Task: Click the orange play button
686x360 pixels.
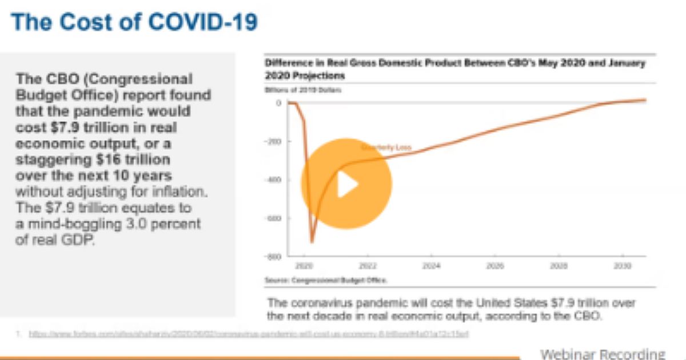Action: [x=346, y=184]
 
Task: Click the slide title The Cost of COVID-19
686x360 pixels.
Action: [x=134, y=23]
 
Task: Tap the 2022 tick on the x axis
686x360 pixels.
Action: [x=367, y=266]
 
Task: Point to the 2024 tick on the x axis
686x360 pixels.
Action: [x=430, y=266]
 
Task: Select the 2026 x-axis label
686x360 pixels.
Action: [x=494, y=266]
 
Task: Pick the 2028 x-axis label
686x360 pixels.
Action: [x=558, y=266]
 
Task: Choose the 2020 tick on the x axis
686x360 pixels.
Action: [x=304, y=266]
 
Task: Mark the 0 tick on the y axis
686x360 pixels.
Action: [x=278, y=103]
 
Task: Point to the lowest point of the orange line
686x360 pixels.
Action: [x=312, y=242]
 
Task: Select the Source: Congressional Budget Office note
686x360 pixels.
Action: [x=326, y=281]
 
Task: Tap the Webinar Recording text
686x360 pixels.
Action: [x=603, y=354]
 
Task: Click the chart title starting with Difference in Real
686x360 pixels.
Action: [x=454, y=69]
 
